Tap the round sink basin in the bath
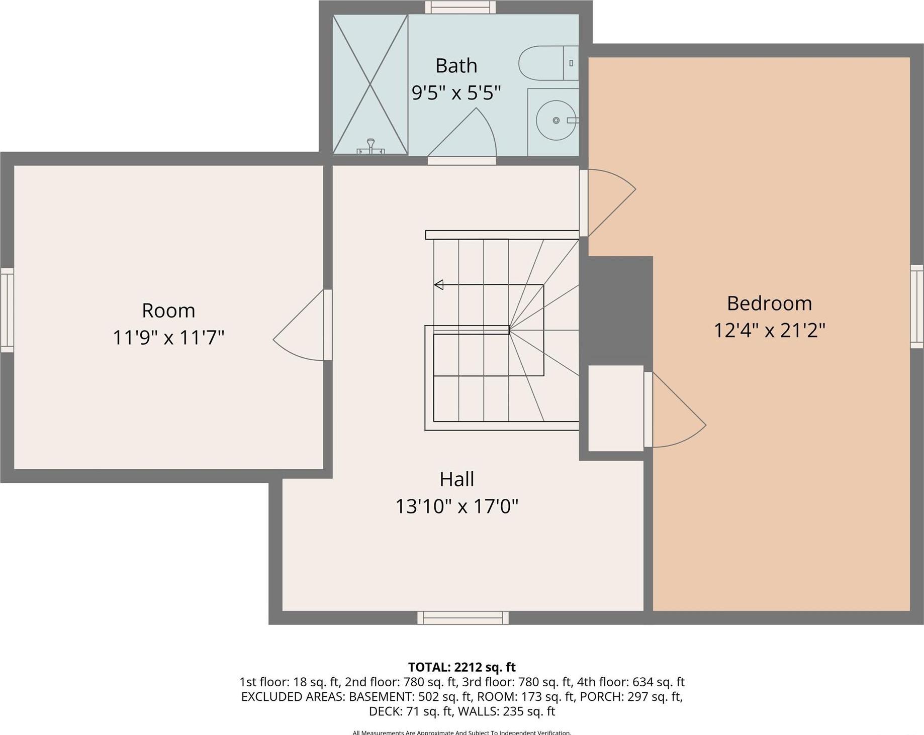556,120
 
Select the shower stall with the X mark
370,84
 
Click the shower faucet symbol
371,147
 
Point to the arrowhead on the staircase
439,285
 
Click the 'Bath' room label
456,66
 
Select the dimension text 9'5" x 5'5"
456,93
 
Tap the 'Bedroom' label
769,303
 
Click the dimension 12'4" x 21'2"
769,331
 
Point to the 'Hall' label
456,479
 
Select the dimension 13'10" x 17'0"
456,506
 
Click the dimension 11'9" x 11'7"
168,337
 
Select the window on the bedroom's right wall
917,306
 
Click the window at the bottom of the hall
463,617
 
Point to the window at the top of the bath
460,7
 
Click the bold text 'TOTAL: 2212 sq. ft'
461,667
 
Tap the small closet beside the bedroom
615,408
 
